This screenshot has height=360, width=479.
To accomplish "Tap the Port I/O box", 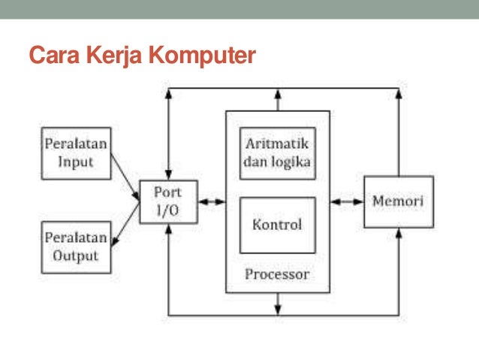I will point(169,201).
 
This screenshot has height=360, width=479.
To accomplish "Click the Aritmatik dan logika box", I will point(277,153).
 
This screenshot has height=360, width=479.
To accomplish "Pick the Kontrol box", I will point(277,225).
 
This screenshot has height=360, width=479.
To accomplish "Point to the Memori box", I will point(398,201).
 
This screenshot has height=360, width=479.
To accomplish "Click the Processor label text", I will point(277,274).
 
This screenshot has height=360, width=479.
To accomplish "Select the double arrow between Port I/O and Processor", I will point(212,201).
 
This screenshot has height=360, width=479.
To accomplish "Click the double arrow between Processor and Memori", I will point(347,201).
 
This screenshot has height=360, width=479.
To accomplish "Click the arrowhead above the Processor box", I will point(279,96).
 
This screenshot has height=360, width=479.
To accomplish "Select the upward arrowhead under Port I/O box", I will point(170,228).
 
